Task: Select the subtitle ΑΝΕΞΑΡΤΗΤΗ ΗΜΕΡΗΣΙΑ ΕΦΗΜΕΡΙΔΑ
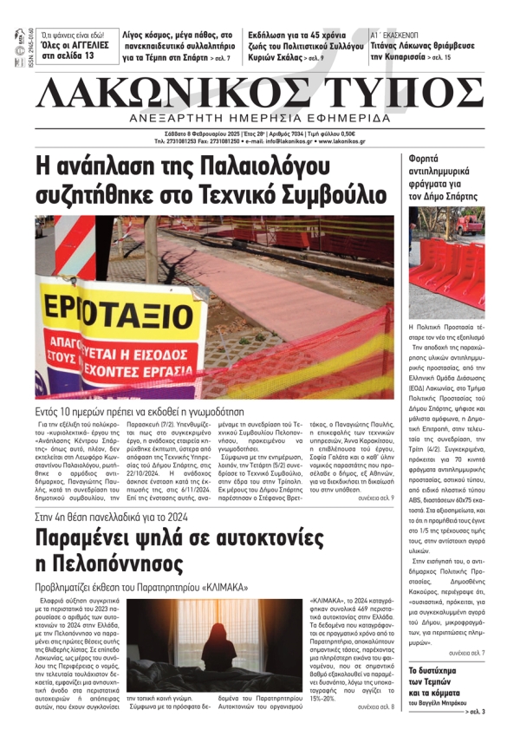click(261, 119)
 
